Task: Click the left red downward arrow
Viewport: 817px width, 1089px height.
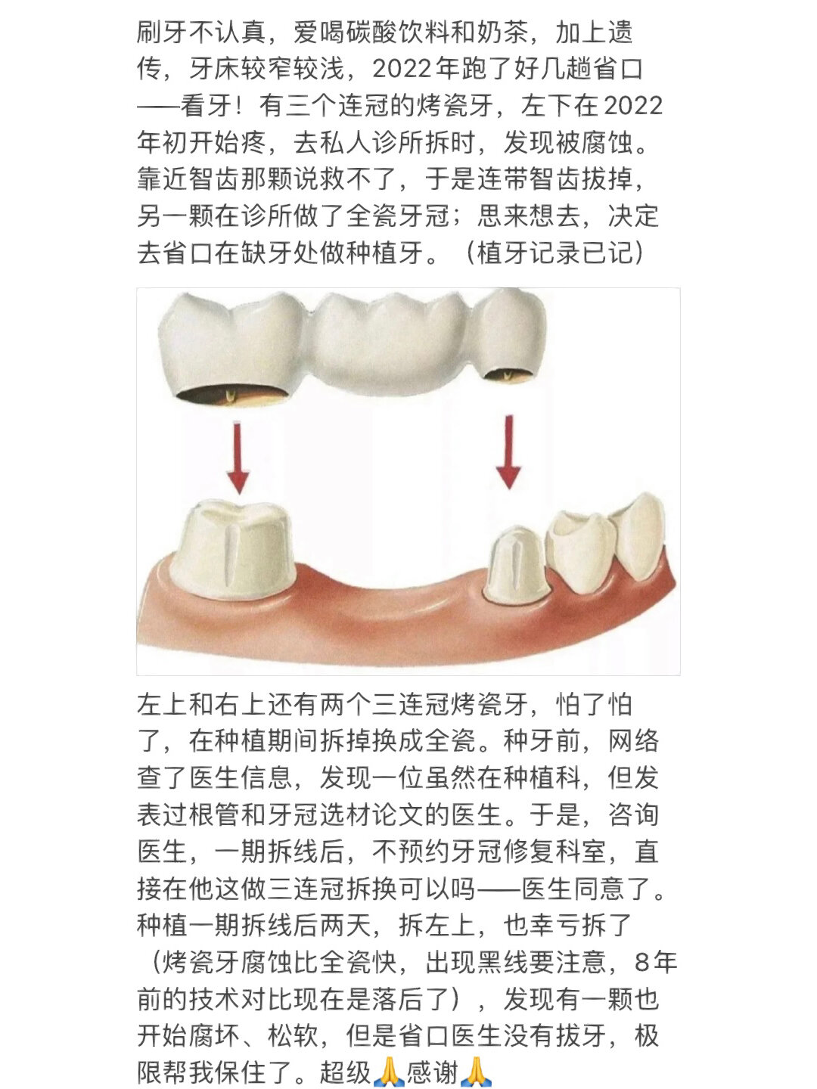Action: (238, 458)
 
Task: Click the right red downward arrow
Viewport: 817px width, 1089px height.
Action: (508, 451)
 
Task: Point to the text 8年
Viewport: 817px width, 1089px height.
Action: (656, 962)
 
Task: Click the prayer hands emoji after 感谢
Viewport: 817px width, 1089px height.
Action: (477, 1072)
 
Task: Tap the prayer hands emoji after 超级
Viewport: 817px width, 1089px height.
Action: (389, 1072)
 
